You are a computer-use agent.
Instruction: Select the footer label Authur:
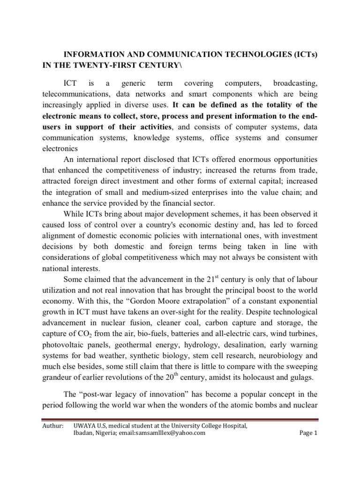(x=52, y=425)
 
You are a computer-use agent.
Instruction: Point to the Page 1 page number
(x=308, y=433)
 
